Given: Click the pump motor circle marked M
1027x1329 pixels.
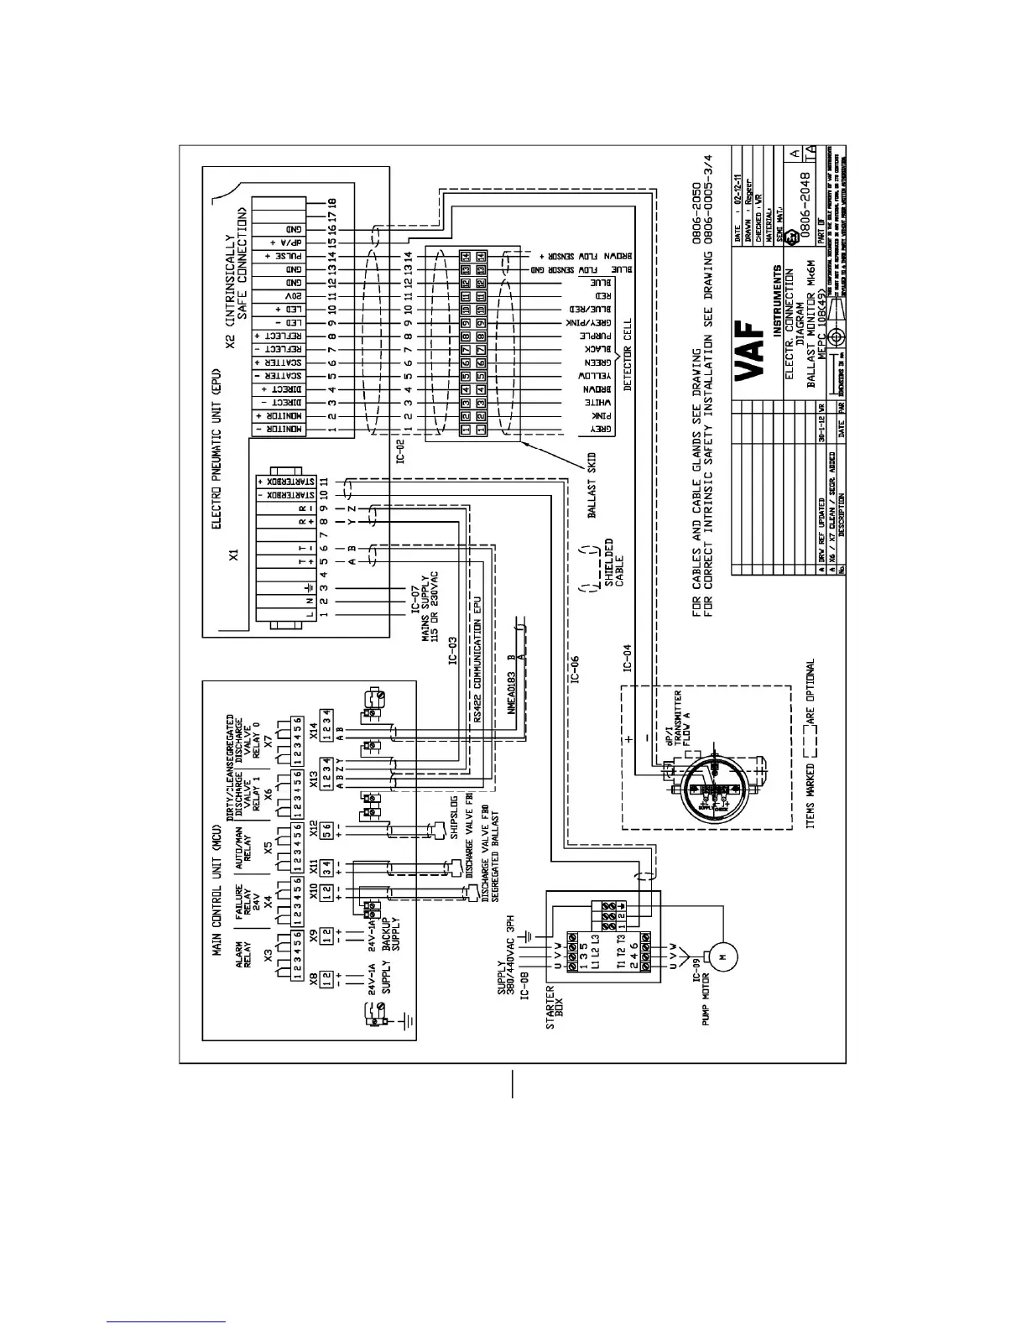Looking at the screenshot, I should tap(722, 954).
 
